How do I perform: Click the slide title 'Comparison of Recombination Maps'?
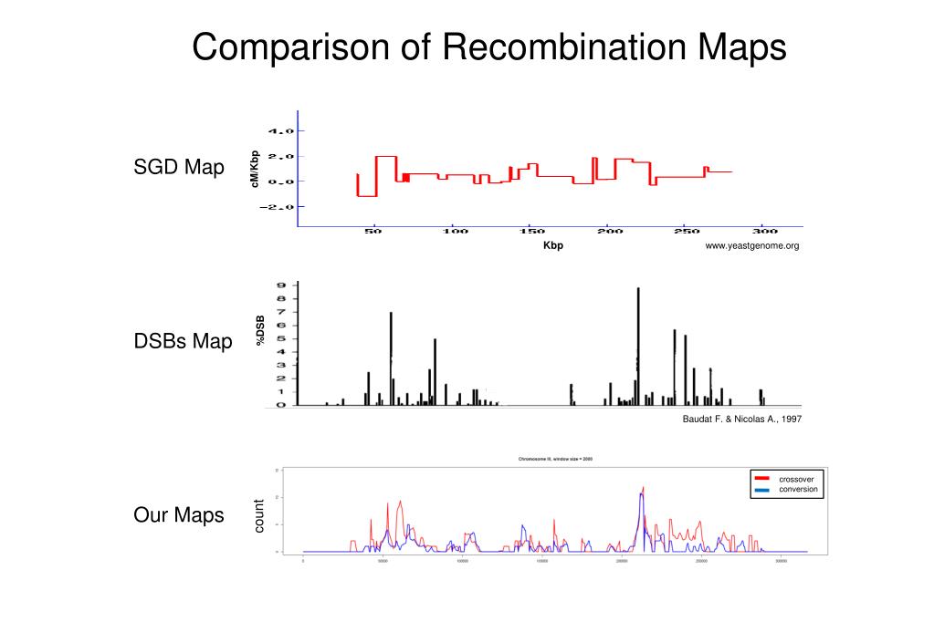(x=488, y=47)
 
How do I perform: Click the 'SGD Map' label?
(x=179, y=168)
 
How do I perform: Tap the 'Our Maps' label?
(x=178, y=515)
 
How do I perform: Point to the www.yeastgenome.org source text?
(x=751, y=246)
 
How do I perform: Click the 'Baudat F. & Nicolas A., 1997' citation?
(x=741, y=420)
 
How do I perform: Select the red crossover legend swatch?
(x=761, y=478)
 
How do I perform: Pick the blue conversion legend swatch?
(x=761, y=490)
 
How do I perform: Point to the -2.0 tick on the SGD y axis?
(x=278, y=207)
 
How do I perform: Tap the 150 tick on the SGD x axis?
(x=532, y=232)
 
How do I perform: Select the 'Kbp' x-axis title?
(x=552, y=245)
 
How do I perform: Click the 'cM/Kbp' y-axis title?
(x=256, y=170)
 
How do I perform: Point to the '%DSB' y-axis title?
(x=260, y=330)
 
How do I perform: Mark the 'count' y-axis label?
(x=258, y=516)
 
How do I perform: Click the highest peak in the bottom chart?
(x=643, y=490)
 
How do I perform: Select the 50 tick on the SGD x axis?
(x=373, y=232)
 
